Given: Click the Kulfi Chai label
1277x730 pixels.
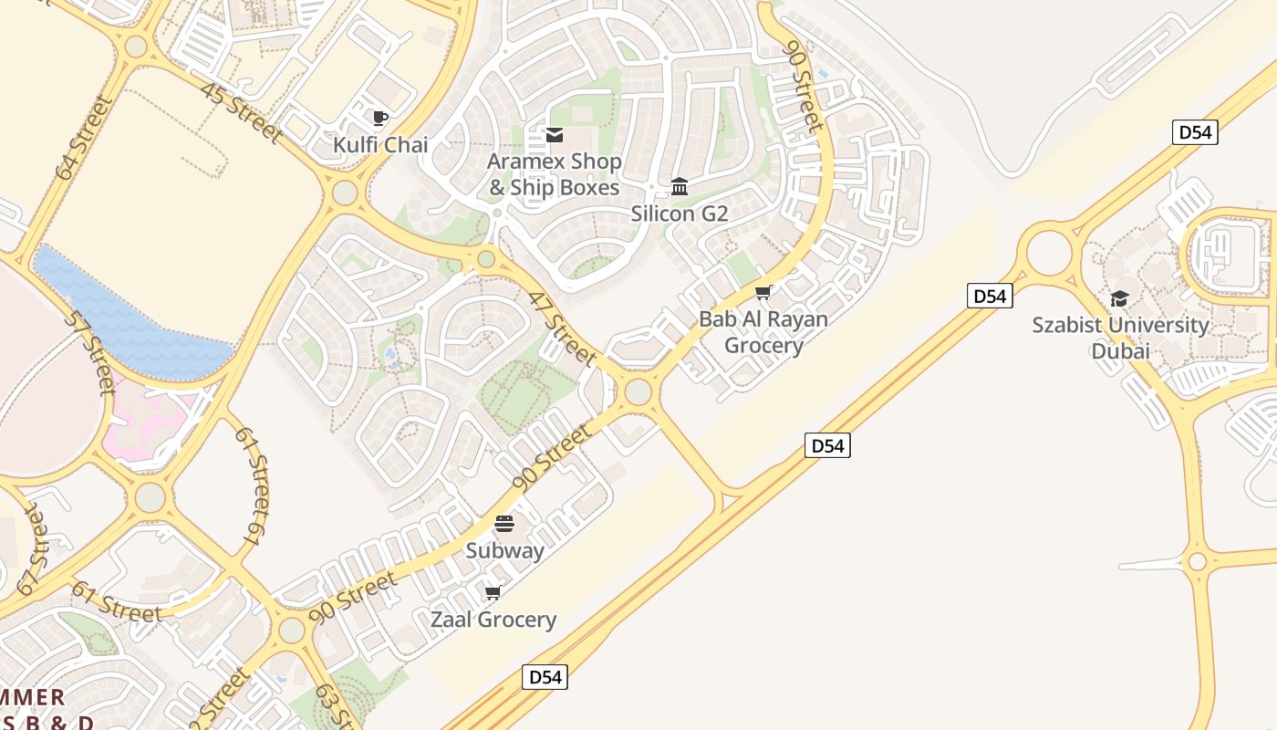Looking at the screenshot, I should pos(380,145).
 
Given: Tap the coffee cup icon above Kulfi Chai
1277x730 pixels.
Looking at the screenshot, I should pos(380,118).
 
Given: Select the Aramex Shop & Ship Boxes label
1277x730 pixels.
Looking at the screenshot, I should pos(554,174).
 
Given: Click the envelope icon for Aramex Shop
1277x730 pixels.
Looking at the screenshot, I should pos(554,135).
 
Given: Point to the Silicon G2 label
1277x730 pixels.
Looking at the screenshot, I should pos(680,214).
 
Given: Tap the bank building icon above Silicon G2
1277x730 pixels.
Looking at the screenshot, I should pos(680,187).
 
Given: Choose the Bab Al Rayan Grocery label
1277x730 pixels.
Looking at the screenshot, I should pos(763,332).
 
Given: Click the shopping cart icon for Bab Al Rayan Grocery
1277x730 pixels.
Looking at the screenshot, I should pos(763,293).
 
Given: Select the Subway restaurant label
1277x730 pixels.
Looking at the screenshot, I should pos(504,551).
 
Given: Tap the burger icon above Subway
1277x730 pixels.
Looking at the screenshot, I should pos(504,524).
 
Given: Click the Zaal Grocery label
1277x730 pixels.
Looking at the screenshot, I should pos(493,620).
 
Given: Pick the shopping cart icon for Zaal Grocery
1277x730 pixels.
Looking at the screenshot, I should pos(493,593).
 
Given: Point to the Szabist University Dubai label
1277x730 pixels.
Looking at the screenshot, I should pos(1120,338).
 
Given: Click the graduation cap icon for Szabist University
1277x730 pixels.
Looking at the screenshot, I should pos(1119,298).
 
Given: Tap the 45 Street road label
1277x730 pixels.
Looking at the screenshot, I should pos(241,113).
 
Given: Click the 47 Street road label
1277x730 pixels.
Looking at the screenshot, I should pos(562,328).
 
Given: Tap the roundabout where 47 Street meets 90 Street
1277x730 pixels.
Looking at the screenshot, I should pos(638,391).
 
